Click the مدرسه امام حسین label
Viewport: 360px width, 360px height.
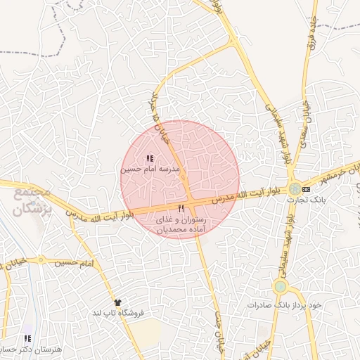[150, 169]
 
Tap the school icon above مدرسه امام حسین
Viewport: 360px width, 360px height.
[150, 159]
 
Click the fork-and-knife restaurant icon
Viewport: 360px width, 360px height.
[181, 208]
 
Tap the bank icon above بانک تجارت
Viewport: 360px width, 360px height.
[305, 188]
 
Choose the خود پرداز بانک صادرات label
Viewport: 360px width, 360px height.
[288, 305]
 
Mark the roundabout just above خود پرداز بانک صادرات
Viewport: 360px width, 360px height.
[281, 286]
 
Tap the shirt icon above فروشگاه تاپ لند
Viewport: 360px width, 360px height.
[117, 302]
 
